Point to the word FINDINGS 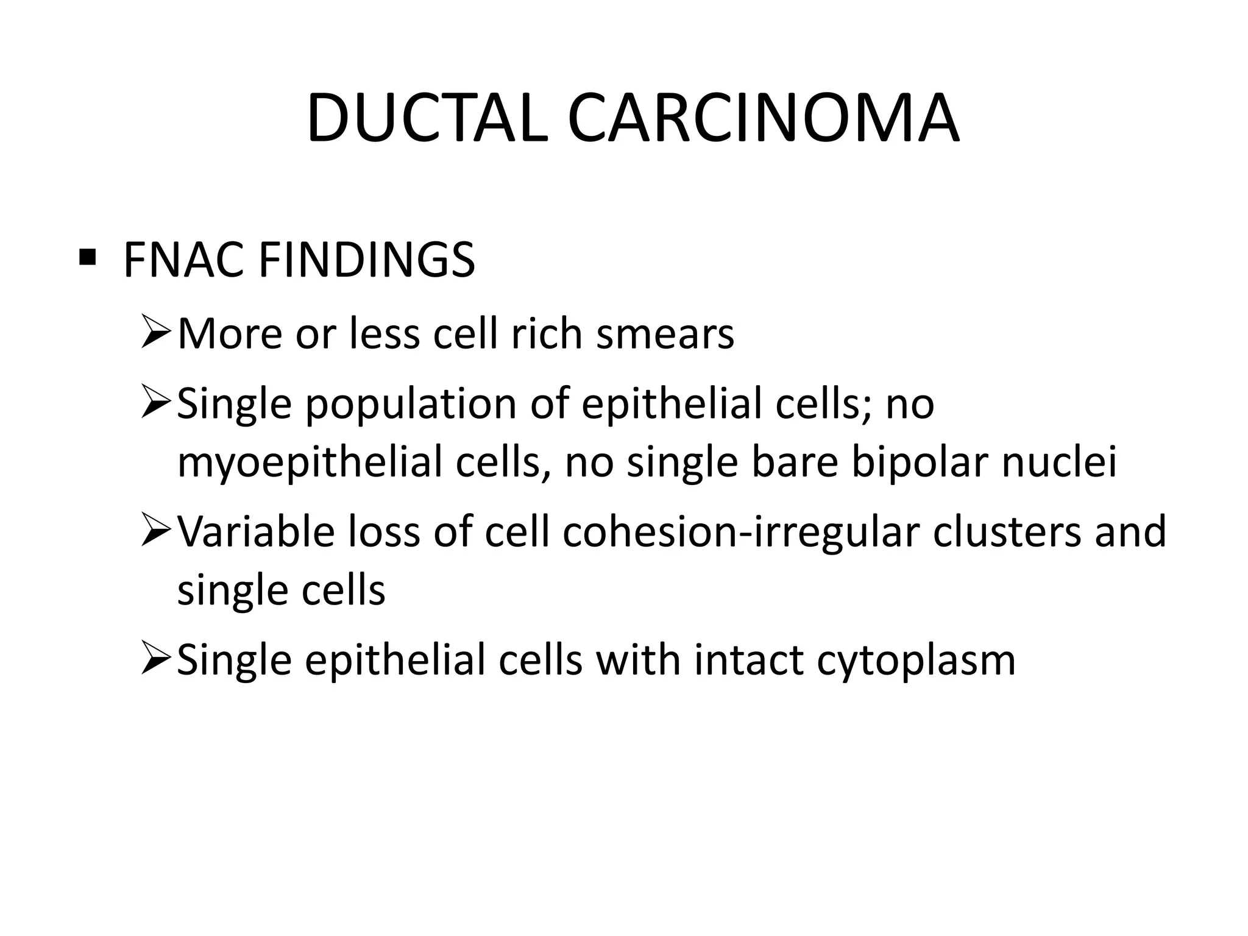click(366, 261)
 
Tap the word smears click(665, 335)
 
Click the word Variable click(256, 531)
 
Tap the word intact click(750, 660)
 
